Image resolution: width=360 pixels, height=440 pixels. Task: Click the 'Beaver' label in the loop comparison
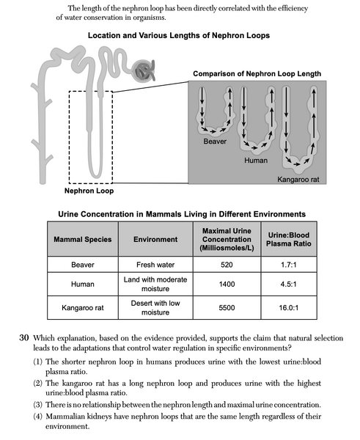[x=218, y=140]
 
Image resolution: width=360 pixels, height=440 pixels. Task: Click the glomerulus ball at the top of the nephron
[x=144, y=71]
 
